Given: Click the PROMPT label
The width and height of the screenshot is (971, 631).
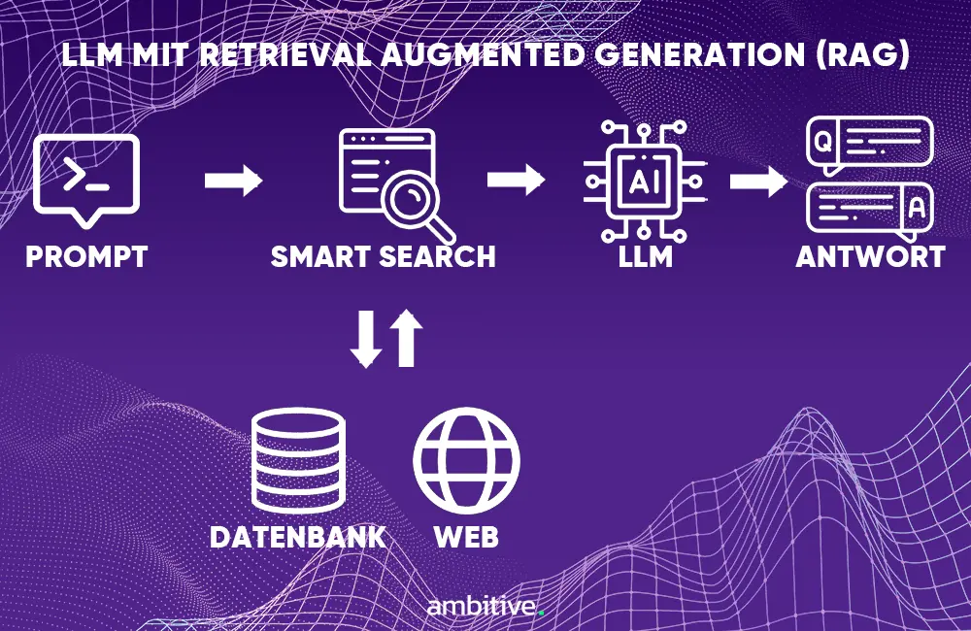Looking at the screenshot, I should point(86,257).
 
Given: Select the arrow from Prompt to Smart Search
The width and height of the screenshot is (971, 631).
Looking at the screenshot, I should point(234,180).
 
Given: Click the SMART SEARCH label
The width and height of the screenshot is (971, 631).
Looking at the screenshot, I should point(384,257).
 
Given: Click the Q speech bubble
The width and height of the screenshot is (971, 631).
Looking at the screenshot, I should point(868,144).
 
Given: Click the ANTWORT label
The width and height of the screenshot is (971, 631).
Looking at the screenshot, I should point(870,257).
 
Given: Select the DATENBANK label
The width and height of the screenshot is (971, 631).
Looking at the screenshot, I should point(298,536).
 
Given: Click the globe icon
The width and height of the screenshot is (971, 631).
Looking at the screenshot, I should point(466,460).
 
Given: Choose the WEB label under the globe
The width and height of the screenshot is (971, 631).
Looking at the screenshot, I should point(466,536).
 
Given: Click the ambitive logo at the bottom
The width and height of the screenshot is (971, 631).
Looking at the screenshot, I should point(485,608).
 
